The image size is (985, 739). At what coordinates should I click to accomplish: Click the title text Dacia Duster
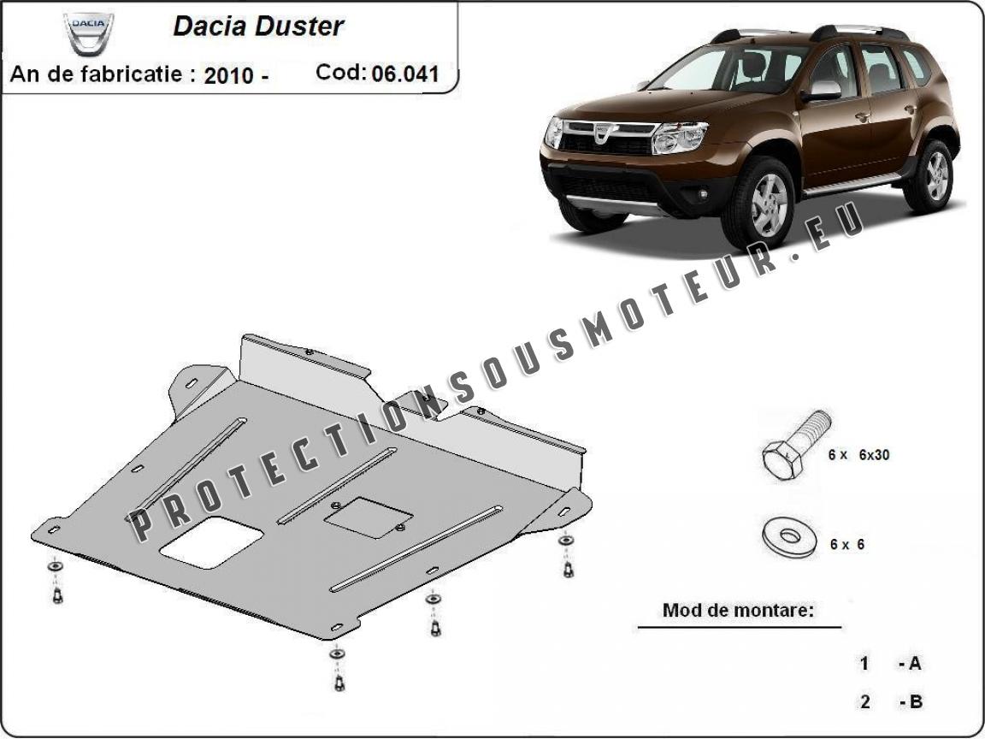(x=258, y=26)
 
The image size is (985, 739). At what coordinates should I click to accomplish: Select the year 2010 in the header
(x=228, y=74)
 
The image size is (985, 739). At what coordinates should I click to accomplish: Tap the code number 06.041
(x=405, y=74)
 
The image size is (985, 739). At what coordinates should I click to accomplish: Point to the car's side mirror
(x=821, y=92)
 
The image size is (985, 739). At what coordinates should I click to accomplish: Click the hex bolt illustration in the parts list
(x=797, y=445)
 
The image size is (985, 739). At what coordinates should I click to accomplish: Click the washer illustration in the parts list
(x=790, y=536)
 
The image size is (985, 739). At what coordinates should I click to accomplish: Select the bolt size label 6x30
(x=874, y=455)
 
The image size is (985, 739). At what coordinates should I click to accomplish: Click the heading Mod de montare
(x=738, y=610)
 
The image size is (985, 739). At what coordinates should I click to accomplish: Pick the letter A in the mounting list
(x=914, y=663)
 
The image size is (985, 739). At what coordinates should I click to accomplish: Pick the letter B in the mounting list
(x=915, y=701)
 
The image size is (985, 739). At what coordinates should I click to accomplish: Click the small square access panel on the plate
(x=369, y=517)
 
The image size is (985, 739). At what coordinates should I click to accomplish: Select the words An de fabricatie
(x=96, y=74)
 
